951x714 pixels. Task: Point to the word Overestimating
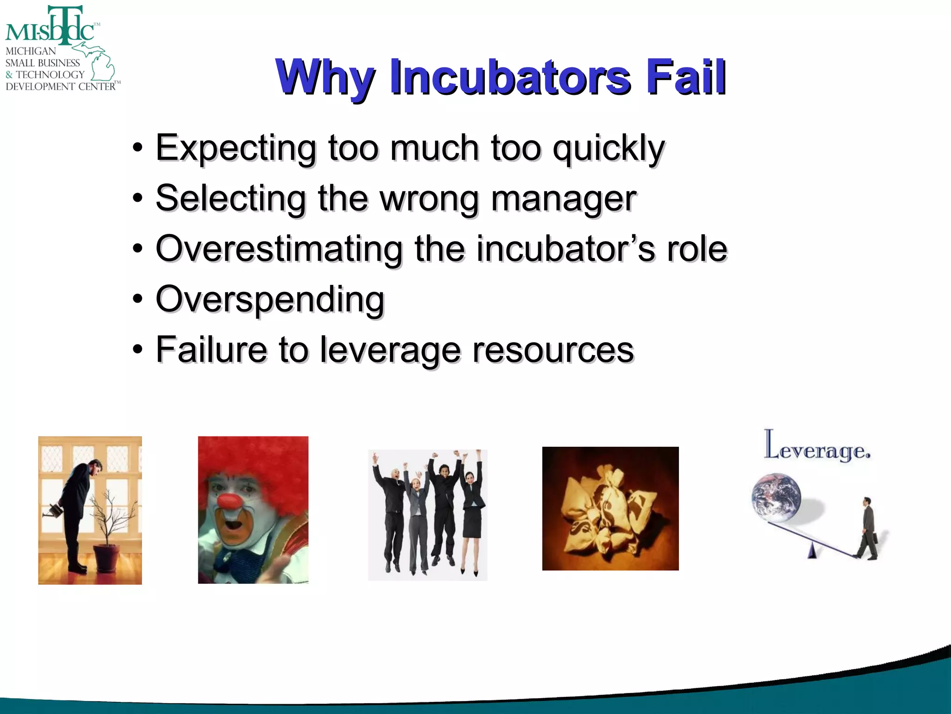(279, 249)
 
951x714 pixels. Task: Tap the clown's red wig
(253, 460)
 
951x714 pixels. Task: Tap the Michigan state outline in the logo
(100, 63)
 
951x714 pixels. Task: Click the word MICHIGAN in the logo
(31, 51)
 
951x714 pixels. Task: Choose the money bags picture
(610, 509)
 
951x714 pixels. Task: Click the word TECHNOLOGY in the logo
(50, 75)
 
